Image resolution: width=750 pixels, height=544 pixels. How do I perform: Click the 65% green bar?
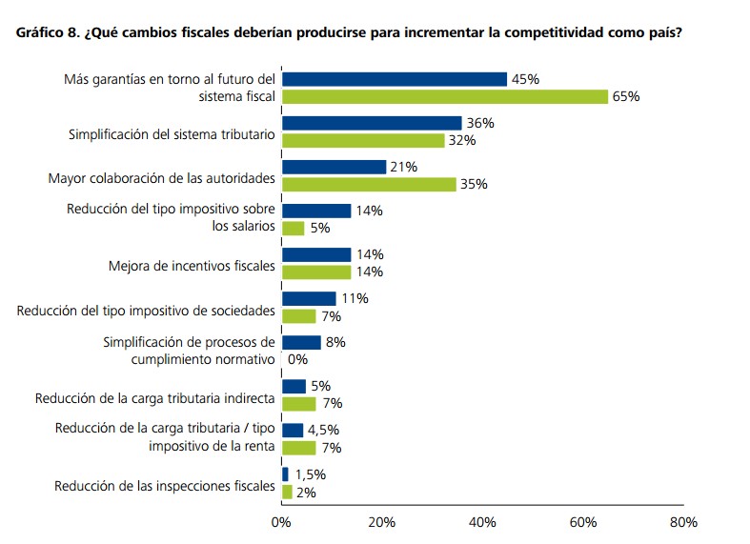445,96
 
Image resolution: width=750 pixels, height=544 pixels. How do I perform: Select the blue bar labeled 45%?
395,79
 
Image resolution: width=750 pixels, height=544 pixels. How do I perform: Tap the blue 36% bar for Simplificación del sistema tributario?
372,123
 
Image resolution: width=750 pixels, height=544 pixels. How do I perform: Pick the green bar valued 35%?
369,184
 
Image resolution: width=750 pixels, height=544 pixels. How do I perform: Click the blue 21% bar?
334,167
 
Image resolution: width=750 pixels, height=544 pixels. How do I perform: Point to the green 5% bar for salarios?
294,228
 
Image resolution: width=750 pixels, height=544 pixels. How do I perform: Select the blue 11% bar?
309,298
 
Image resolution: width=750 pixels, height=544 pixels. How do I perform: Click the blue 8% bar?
301,342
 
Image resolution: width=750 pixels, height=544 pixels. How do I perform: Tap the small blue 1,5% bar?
285,473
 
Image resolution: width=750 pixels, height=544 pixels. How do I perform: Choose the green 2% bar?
287,492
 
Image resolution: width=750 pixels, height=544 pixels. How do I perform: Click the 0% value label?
297,360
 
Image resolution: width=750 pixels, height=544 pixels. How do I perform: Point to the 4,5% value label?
325,430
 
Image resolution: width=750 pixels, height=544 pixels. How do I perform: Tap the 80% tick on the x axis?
683,522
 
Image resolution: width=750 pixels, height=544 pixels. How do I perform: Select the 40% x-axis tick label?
482,522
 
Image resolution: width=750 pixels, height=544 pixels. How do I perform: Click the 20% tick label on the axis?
381,522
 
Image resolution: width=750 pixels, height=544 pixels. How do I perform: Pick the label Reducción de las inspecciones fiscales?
165,487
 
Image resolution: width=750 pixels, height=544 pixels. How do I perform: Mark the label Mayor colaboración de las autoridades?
161,178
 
